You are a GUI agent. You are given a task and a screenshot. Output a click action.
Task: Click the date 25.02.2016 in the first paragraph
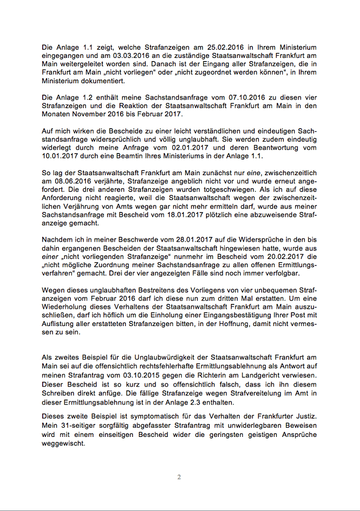click(x=211, y=48)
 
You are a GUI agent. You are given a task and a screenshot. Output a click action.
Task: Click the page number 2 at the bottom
click(x=179, y=477)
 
